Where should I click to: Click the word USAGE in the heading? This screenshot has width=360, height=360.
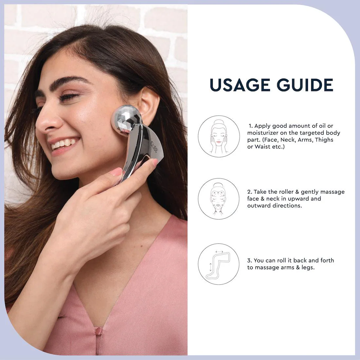coord(240,85)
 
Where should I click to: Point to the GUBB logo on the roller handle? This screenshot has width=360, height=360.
coord(154,147)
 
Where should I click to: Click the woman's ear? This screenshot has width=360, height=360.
coord(149,106)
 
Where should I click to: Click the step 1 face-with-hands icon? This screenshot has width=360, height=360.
coord(219,136)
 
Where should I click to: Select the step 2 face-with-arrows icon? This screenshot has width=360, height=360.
coord(219,199)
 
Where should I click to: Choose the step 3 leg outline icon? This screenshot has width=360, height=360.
coord(219,264)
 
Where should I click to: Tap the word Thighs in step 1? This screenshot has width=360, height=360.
coord(324,140)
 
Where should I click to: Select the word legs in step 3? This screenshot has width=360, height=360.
coord(308,267)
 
